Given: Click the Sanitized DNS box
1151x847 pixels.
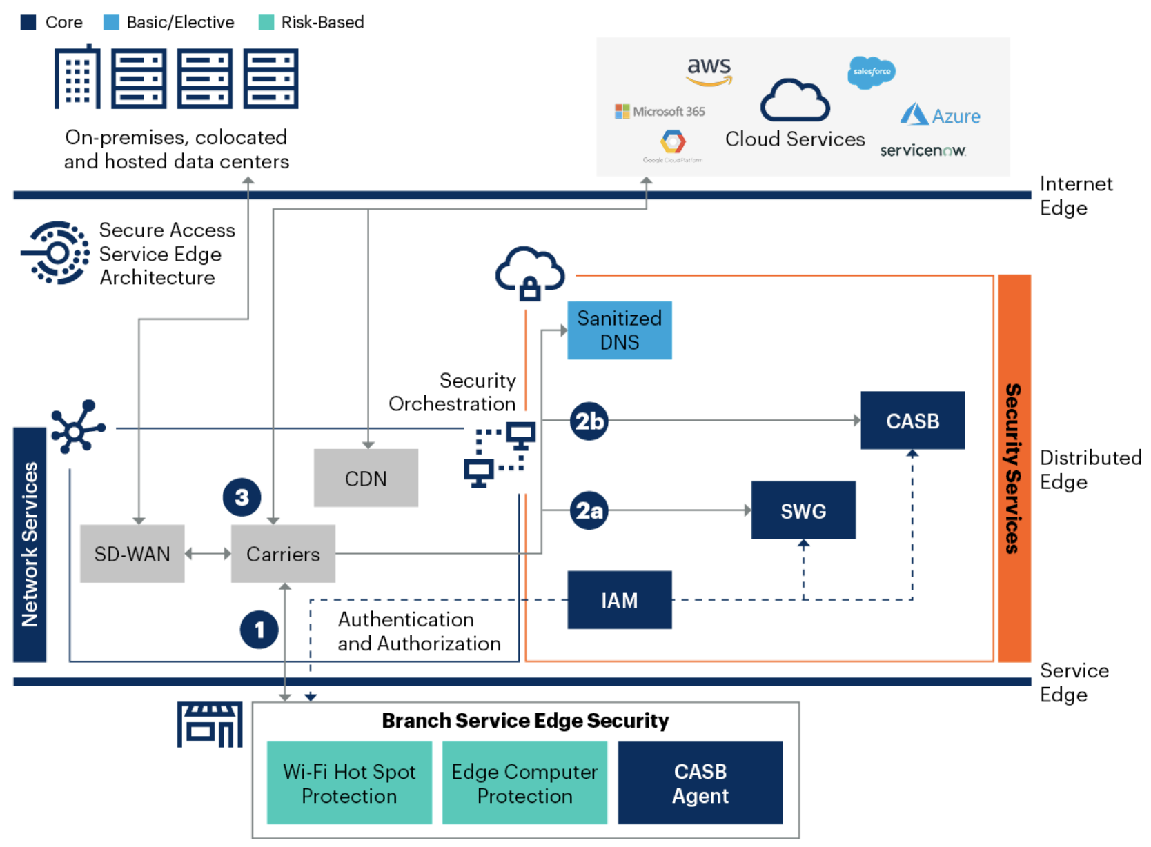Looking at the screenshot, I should [619, 330].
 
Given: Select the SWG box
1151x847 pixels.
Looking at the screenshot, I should [803, 510].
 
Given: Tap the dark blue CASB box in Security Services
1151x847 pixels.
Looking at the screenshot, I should [912, 421].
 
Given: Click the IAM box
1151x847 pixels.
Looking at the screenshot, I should [619, 600].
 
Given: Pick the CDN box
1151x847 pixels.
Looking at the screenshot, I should [366, 478].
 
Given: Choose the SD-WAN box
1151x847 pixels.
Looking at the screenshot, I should [132, 554].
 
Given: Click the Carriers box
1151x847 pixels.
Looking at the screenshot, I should [283, 554].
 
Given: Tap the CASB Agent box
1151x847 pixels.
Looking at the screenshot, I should [700, 783].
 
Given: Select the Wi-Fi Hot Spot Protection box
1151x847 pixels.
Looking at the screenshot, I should [349, 783].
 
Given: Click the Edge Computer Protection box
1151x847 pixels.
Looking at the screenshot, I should [524, 783].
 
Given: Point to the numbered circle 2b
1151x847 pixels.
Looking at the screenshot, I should [589, 421].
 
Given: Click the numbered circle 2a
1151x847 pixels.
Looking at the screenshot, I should [589, 511].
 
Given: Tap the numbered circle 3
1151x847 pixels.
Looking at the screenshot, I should [242, 497].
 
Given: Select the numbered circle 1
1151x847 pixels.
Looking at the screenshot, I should [259, 630].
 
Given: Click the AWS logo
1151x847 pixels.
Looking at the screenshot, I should [709, 70].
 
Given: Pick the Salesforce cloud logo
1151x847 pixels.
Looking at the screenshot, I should [871, 72].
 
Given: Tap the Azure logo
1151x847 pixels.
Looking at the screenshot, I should [940, 115].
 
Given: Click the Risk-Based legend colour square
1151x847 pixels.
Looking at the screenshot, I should [266, 22].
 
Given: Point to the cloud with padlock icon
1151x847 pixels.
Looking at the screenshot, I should [529, 273].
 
